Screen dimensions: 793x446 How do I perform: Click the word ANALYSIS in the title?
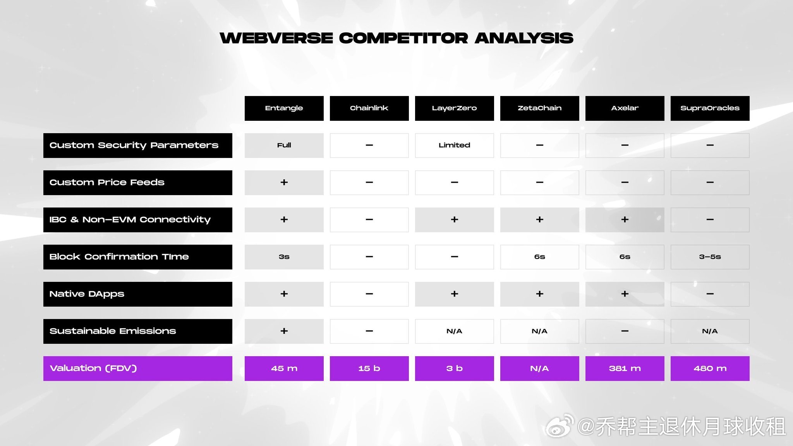pos(524,38)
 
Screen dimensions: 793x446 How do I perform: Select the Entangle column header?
pos(284,108)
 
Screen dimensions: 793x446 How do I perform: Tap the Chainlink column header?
pos(369,108)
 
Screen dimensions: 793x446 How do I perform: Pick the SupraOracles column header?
pos(710,108)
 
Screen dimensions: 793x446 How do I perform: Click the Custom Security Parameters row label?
pos(138,146)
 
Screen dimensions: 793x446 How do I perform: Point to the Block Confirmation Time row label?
pos(138,257)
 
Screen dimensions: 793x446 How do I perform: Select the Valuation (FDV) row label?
pos(138,369)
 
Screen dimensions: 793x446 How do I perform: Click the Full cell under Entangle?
pos(284,146)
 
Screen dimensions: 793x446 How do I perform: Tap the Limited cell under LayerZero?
pos(455,146)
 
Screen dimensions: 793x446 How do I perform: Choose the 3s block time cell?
pos(284,257)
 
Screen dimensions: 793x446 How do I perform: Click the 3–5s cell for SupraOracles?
pos(710,257)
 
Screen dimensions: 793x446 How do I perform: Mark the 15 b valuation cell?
pos(369,369)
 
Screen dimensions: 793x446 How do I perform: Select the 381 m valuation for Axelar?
pos(625,369)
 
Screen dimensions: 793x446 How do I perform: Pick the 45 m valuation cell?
pos(284,369)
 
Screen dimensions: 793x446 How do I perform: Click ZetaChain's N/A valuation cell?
pos(540,369)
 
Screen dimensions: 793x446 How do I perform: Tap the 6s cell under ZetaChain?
pos(540,257)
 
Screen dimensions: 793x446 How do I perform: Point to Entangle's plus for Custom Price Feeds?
pos(284,182)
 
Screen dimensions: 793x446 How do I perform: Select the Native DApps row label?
pos(138,294)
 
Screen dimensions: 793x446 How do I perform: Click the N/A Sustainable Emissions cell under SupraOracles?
pos(710,331)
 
